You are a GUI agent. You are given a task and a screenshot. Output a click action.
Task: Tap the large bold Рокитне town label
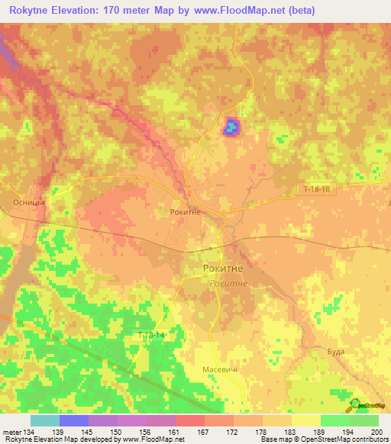pos(224,269)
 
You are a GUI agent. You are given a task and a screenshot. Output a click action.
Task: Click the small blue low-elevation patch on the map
pos(230,127)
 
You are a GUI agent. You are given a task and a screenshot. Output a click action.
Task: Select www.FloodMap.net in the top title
pos(233,11)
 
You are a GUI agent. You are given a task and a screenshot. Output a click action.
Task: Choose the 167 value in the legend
pos(204,432)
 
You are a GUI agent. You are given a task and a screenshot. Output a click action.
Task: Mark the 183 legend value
pos(291,432)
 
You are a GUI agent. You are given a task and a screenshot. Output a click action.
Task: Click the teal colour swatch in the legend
pos(45,420)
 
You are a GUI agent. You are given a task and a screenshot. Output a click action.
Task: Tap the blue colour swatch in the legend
pos(74,420)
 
